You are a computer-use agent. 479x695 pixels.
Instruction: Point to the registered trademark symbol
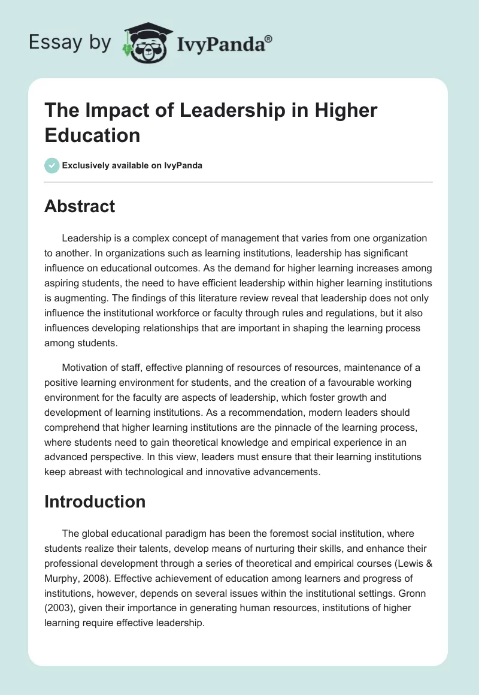click(269, 38)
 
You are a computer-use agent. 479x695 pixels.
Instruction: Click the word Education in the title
click(92, 134)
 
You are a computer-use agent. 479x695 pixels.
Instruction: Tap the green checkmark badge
click(52, 165)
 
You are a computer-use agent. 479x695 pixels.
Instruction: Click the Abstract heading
click(80, 206)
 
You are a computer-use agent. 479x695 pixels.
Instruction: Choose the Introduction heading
click(95, 501)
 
